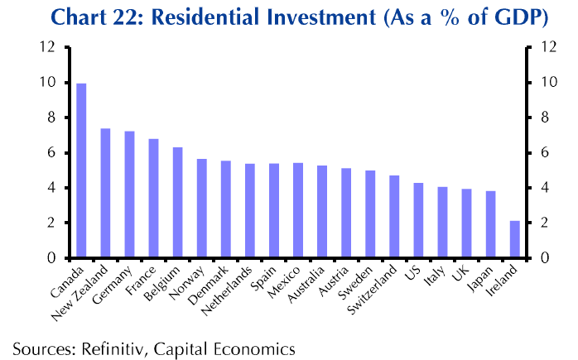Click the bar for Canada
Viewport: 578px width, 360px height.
(x=81, y=170)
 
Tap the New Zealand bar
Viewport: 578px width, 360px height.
(x=105, y=193)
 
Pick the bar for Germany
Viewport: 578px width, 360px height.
(x=129, y=194)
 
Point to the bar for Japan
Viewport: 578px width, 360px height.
(x=491, y=224)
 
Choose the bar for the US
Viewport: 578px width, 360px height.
(x=419, y=220)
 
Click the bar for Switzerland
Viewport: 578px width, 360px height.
(x=395, y=217)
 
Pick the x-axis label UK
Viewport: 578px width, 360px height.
(x=463, y=274)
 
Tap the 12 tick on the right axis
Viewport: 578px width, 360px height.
(x=547, y=47)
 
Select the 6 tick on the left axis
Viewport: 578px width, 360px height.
(x=51, y=153)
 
